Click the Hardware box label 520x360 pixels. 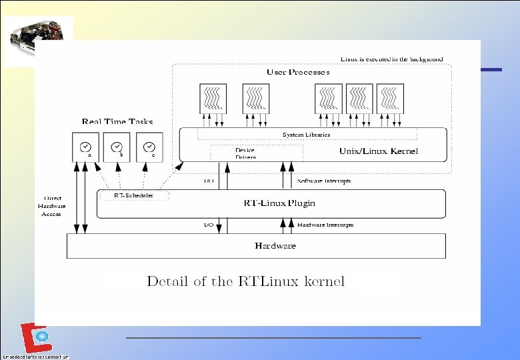click(275, 246)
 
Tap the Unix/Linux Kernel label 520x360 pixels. click(379, 151)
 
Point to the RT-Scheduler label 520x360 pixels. click(134, 195)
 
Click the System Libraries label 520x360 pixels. click(306, 135)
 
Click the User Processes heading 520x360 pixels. click(298, 72)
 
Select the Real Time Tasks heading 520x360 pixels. click(117, 121)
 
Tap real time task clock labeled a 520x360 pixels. click(85, 147)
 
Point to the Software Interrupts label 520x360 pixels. click(324, 181)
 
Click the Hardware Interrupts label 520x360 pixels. click(325, 225)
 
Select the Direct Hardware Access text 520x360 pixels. click(51, 205)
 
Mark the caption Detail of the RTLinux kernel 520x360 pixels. click(245, 281)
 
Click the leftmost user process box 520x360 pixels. click(213, 98)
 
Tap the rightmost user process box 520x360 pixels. click(390, 98)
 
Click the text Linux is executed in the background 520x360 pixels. click(392, 59)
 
